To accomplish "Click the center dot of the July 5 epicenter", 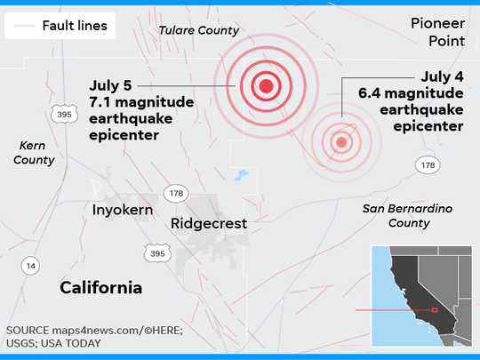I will coord(265,86).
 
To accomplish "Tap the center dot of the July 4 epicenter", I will coord(340,141).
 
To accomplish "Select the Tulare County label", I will coord(198,30).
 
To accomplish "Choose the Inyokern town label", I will coord(123,210).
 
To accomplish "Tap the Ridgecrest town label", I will coord(209,223).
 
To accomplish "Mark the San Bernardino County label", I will coord(408,215).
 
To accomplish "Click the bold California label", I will coord(100,287).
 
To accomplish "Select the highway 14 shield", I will coord(31,265).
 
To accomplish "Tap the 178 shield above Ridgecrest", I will coord(176,193).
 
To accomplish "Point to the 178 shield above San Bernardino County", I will coord(428,164).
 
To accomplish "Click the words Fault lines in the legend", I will coord(75,25).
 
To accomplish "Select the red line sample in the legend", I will coord(26,25).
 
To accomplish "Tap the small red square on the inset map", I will coord(435,310).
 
